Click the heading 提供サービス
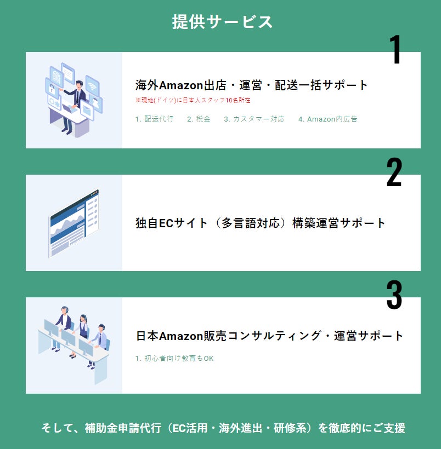click(222, 22)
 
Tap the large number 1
click(395, 49)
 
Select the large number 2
click(394, 172)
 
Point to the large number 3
click(394, 295)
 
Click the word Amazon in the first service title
click(181, 85)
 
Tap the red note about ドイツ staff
click(193, 100)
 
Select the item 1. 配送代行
click(154, 119)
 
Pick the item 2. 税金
click(199, 119)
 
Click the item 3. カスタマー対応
click(254, 119)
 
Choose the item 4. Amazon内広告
click(327, 119)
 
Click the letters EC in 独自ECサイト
click(166, 223)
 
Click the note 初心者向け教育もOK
click(174, 358)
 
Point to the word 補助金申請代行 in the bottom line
click(122, 428)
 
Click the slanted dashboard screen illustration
click(74, 223)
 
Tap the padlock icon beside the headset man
click(52, 89)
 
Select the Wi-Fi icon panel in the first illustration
click(92, 84)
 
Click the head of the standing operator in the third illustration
click(65, 310)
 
